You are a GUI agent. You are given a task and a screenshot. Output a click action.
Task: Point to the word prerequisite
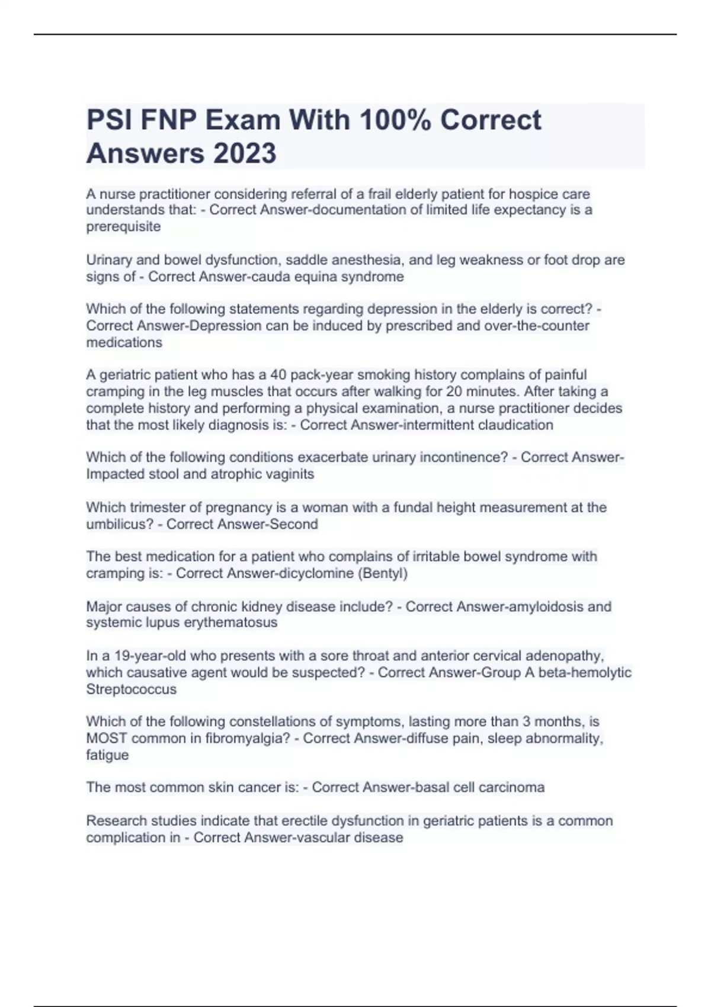(x=123, y=227)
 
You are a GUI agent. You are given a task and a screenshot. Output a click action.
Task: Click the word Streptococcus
(x=131, y=689)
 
